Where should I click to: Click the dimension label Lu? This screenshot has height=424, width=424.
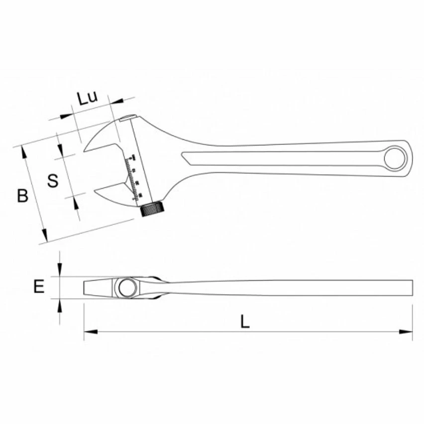tap(87, 98)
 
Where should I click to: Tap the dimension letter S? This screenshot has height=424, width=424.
tap(52, 180)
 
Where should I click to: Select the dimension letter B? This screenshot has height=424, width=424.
tap(22, 195)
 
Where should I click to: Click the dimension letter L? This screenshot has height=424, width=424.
tap(244, 322)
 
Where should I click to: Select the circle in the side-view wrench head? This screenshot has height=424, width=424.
tap(125, 288)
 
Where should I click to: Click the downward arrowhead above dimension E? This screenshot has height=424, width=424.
tap(60, 272)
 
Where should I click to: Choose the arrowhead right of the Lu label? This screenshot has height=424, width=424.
tap(117, 102)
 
